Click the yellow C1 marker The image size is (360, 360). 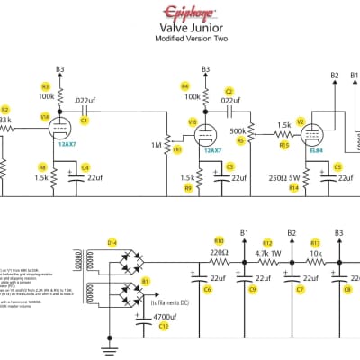pos(84,119)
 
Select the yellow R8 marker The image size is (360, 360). pos(42,167)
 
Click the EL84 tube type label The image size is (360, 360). pos(317,149)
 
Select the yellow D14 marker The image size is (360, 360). pos(112,243)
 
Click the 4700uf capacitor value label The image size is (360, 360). pos(162,316)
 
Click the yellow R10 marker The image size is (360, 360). pos(219,240)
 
